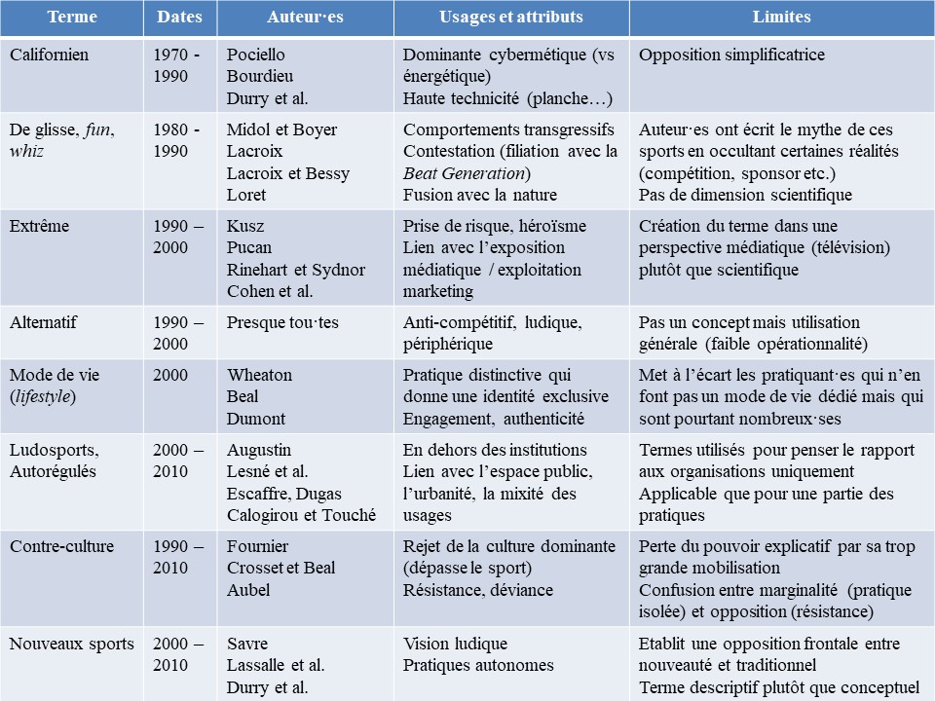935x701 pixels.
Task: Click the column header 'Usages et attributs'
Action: pos(511,18)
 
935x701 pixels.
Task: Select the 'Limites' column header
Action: pos(781,18)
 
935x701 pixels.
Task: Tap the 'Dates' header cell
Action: pos(178,18)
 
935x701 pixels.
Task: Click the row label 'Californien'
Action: pos(49,55)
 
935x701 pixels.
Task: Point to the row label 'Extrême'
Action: pos(40,226)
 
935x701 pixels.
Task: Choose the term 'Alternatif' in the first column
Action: pos(43,322)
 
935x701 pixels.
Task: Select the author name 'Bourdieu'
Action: pos(259,76)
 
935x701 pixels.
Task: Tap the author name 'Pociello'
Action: pos(256,55)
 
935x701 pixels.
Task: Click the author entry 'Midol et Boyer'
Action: pos(281,129)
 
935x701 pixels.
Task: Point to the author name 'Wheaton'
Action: pos(259,375)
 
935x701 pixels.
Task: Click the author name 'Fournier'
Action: pos(257,546)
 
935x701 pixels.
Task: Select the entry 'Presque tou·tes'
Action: pos(282,322)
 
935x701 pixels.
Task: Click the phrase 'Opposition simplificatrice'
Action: pos(731,55)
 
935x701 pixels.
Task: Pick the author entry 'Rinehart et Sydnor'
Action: pos(295,270)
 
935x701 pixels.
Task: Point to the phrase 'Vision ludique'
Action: pos(455,644)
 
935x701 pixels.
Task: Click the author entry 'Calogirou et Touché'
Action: pos(301,515)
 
